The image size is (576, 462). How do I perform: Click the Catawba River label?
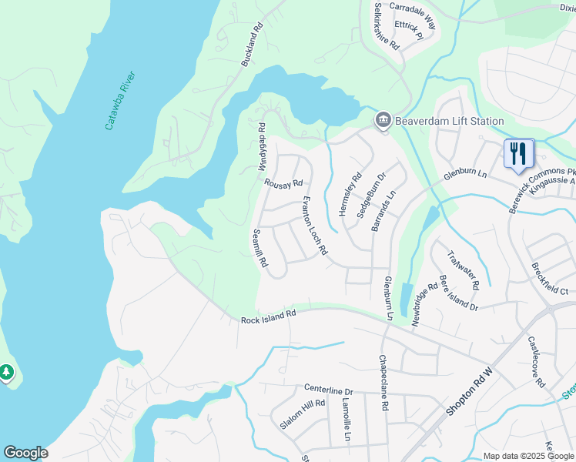pyautogui.click(x=121, y=100)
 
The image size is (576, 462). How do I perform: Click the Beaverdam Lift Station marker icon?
pyautogui.click(x=383, y=121)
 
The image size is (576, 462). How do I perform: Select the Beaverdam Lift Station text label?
pyautogui.click(x=449, y=121)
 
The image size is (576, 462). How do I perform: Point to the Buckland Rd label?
pyautogui.click(x=252, y=48)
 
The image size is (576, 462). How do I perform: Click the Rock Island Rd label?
pyautogui.click(x=268, y=316)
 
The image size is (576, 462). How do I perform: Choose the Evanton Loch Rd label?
pyautogui.click(x=314, y=225)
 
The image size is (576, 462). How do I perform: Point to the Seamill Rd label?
pyautogui.click(x=260, y=248)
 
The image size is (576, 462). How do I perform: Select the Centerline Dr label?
pyautogui.click(x=328, y=390)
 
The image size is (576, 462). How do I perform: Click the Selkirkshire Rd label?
pyautogui.click(x=387, y=26)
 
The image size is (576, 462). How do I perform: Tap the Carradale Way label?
pyautogui.click(x=412, y=15)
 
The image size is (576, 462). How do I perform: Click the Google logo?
pyautogui.click(x=25, y=453)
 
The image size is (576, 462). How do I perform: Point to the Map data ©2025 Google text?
pyautogui.click(x=527, y=456)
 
